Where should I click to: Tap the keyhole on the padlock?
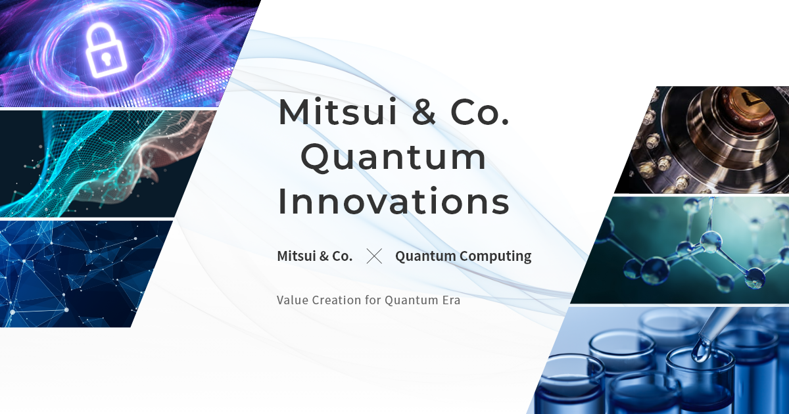(105, 58)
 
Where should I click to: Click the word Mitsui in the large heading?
(338, 112)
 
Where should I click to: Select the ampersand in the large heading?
(423, 112)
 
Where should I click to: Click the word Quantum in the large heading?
(393, 158)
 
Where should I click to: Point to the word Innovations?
(393, 201)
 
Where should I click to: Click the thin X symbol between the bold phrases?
(374, 256)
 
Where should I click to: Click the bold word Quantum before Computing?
(425, 256)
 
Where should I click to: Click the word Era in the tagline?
(451, 300)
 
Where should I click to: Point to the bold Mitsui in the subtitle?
(297, 256)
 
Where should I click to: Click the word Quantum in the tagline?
(412, 300)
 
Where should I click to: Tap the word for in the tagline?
(373, 300)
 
